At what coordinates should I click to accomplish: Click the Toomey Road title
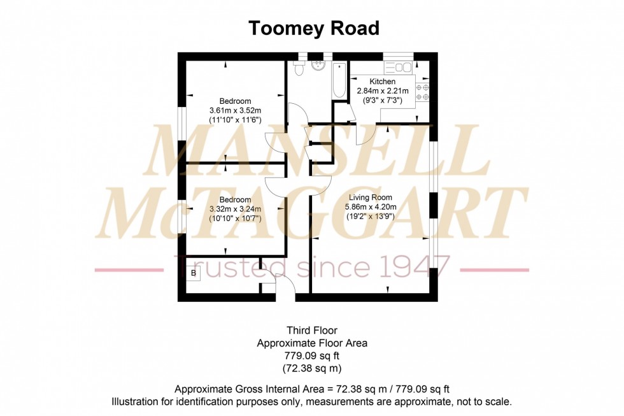click(x=313, y=29)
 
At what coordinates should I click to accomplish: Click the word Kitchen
click(x=383, y=82)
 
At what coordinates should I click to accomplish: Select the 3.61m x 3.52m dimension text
click(x=235, y=110)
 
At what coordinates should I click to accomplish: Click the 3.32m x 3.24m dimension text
click(x=235, y=208)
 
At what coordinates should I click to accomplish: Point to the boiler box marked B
click(x=194, y=273)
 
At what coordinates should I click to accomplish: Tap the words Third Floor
click(x=311, y=330)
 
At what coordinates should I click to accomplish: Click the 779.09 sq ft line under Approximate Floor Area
click(x=312, y=355)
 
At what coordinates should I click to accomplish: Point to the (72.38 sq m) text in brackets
click(x=312, y=368)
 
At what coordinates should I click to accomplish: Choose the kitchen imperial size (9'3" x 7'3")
click(x=383, y=100)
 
